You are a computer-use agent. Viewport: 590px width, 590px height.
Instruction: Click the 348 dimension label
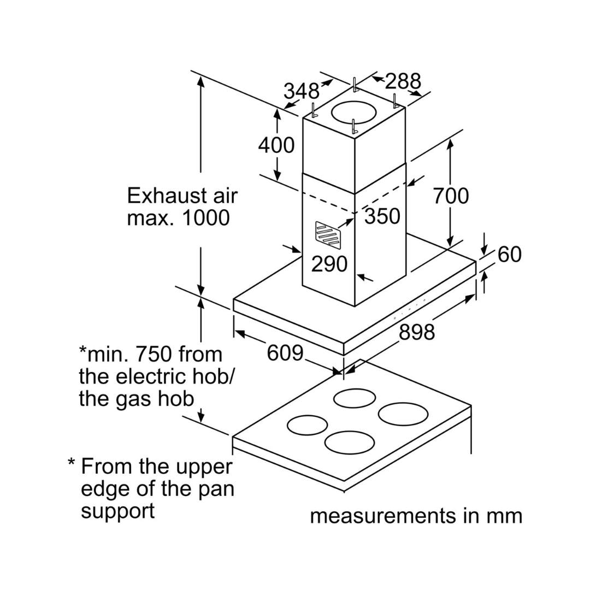(x=301, y=91)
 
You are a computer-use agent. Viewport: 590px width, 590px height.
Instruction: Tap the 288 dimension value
(x=403, y=81)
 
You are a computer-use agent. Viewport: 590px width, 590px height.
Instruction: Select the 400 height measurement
(x=276, y=145)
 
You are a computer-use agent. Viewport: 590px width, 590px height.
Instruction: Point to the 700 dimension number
(x=451, y=196)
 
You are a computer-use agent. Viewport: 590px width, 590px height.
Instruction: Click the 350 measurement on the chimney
(x=382, y=216)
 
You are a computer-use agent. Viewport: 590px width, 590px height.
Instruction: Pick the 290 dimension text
(x=329, y=264)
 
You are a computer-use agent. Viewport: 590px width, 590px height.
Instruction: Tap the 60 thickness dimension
(x=509, y=254)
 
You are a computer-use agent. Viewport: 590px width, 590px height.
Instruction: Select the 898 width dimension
(x=417, y=332)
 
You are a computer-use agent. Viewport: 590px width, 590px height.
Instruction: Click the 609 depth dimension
(x=285, y=353)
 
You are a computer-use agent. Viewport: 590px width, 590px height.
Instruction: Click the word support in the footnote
(x=117, y=511)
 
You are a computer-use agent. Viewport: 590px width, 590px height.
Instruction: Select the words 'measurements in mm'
(x=416, y=516)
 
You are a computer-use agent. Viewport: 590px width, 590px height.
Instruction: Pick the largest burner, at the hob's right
(x=403, y=414)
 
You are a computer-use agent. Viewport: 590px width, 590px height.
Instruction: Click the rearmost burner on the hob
(x=355, y=398)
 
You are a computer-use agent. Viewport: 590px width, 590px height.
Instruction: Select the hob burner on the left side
(x=307, y=424)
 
